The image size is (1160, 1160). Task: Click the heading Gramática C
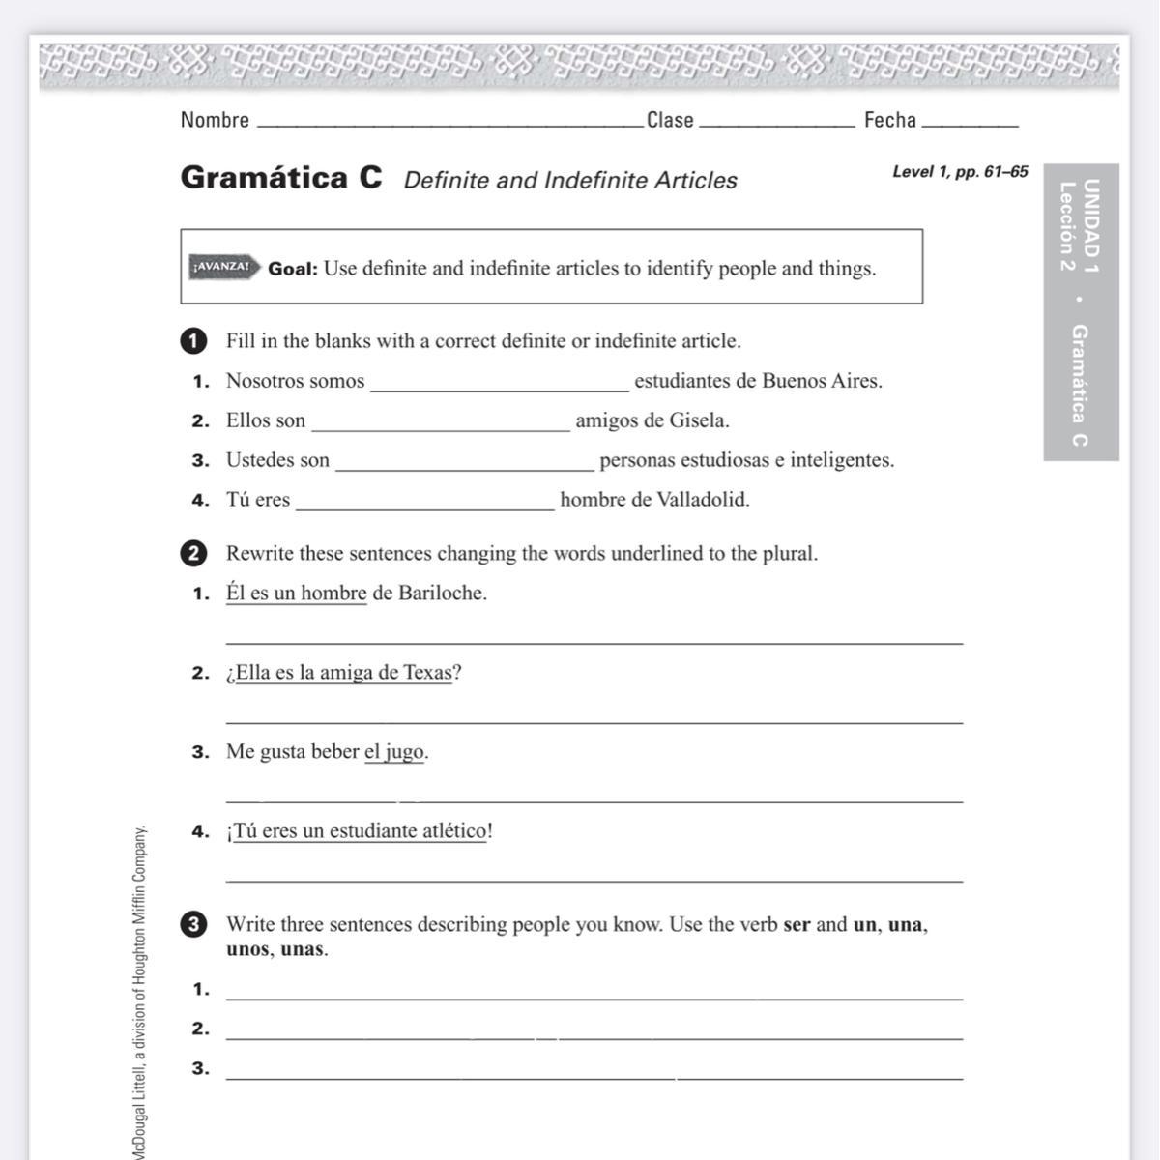click(x=281, y=178)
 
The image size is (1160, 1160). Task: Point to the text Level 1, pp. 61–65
click(x=960, y=172)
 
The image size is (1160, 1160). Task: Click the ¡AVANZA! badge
click(x=222, y=267)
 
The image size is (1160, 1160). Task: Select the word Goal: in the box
click(x=293, y=269)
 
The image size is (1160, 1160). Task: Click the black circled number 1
click(x=193, y=341)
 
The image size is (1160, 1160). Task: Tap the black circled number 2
click(x=193, y=554)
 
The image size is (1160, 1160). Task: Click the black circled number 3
click(x=193, y=925)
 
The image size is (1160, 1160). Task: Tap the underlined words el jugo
click(x=394, y=752)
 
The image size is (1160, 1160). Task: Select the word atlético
click(x=454, y=831)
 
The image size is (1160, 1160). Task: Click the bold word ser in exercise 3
click(x=797, y=925)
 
